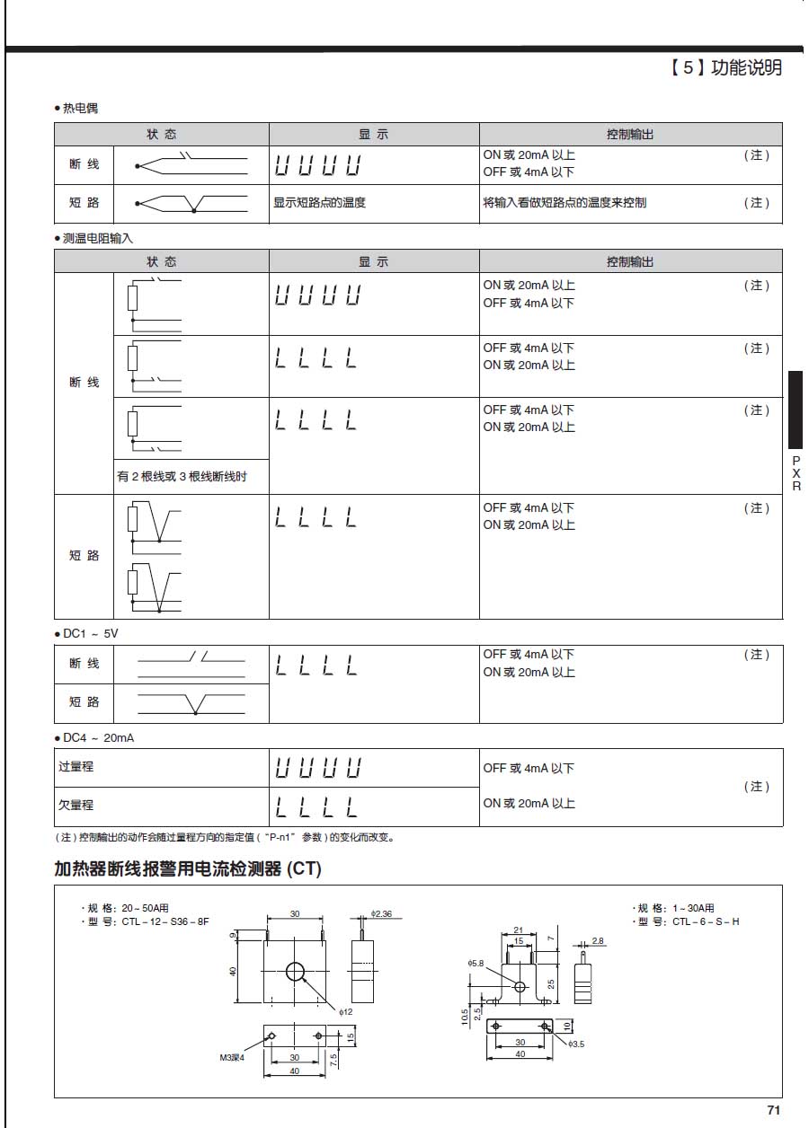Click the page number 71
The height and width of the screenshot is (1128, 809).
[773, 1108]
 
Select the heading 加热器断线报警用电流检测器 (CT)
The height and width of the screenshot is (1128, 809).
[187, 868]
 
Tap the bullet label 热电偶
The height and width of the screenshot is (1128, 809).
[79, 108]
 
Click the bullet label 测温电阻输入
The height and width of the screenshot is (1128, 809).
[97, 237]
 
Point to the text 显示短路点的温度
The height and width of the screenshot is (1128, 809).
[319, 203]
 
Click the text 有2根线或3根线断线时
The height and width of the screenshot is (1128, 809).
[182, 476]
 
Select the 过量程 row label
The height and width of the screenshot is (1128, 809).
[76, 768]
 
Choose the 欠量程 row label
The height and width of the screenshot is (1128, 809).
[76, 806]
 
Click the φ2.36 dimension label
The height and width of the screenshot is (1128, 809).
[381, 913]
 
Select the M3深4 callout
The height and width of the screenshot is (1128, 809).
[232, 1057]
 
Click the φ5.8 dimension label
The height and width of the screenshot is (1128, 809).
[476, 963]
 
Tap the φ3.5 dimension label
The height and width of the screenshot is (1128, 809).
[576, 1044]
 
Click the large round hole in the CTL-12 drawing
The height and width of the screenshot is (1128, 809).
[295, 971]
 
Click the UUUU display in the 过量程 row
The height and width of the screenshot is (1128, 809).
[317, 768]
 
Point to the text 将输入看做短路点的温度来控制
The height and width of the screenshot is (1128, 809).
[565, 203]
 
